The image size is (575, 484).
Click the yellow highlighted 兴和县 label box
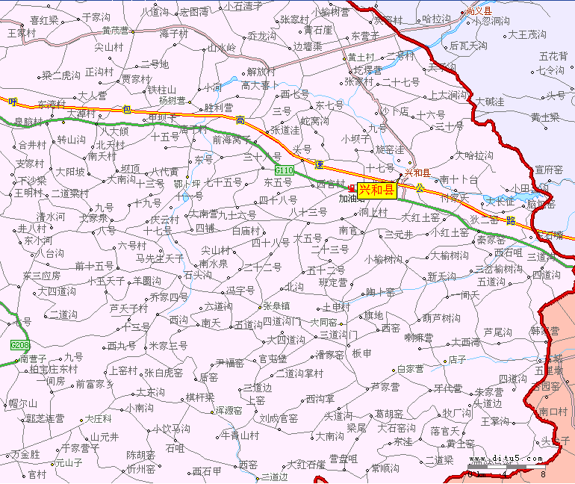376,190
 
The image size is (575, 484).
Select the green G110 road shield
284,171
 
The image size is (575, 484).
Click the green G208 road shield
20,345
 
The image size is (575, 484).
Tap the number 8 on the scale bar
544,474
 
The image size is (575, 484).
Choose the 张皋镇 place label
276,306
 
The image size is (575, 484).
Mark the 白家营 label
410,369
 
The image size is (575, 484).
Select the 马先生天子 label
160,258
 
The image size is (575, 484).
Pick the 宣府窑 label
548,170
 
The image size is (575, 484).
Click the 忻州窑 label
140,469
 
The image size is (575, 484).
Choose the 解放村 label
261,72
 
